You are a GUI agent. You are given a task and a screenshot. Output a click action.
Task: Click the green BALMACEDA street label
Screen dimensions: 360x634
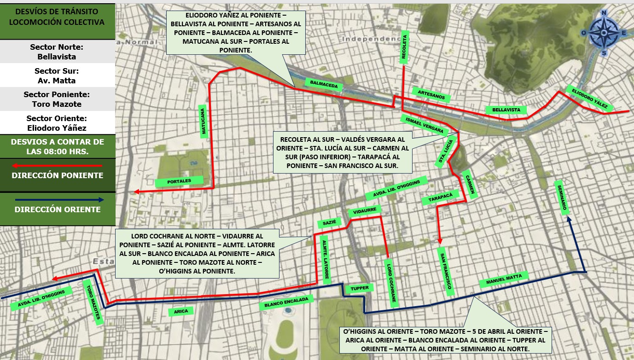pyautogui.click(x=324, y=85)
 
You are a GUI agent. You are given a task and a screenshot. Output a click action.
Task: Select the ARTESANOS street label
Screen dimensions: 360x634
pyautogui.click(x=431, y=95)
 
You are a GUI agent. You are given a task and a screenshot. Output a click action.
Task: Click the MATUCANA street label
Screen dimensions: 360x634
pyautogui.click(x=204, y=121)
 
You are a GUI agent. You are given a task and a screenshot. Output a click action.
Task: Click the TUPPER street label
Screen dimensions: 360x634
pyautogui.click(x=360, y=288)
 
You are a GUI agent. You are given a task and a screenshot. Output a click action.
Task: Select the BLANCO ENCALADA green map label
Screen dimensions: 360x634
pyautogui.click(x=286, y=302)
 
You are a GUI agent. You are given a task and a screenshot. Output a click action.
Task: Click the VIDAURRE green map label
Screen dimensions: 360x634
pyautogui.click(x=365, y=211)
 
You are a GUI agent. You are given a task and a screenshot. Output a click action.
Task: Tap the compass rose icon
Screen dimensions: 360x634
pyautogui.click(x=604, y=33)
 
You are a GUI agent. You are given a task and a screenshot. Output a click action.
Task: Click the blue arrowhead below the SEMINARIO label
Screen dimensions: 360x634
pyautogui.click(x=570, y=220)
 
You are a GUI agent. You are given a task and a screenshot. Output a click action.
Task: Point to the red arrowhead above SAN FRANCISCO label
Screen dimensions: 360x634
pyautogui.click(x=440, y=241)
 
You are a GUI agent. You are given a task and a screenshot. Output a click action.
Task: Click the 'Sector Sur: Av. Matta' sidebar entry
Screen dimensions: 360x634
pyautogui.click(x=58, y=76)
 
